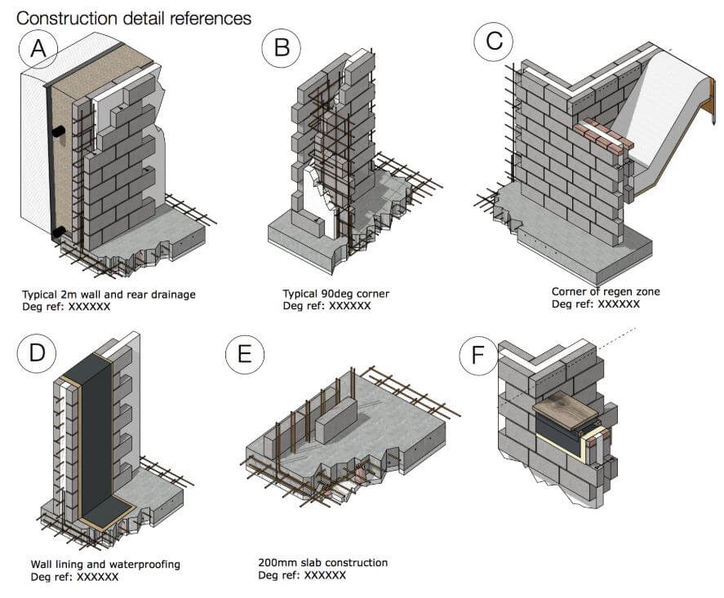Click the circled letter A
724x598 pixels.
(38, 48)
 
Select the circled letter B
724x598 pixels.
(282, 47)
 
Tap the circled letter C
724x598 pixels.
(494, 42)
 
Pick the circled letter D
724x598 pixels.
(37, 353)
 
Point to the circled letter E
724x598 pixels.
(245, 354)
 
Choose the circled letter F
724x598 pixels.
(478, 356)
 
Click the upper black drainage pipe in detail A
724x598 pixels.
(59, 132)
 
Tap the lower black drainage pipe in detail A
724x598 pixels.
(59, 232)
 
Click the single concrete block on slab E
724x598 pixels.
(335, 421)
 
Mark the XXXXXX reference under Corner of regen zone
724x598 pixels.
(619, 304)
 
